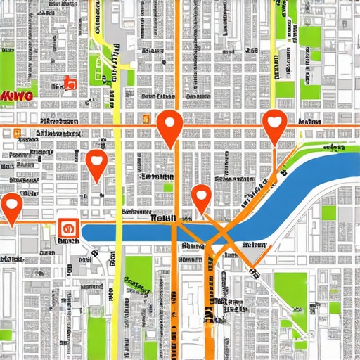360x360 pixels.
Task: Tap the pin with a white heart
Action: click(x=274, y=124)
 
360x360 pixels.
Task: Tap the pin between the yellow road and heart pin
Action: click(x=169, y=126)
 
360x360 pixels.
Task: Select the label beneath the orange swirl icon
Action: click(x=68, y=241)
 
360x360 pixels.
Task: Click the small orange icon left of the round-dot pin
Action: click(x=144, y=120)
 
